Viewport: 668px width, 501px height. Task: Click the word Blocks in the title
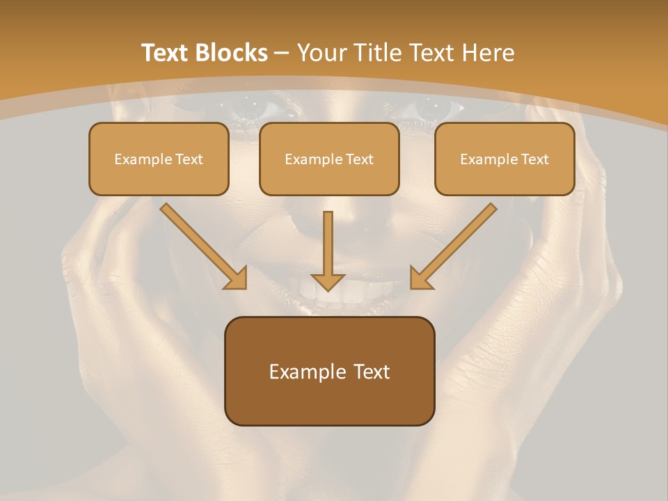point(231,53)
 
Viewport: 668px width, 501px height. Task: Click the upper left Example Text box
point(159,159)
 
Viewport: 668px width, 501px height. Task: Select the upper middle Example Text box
point(329,159)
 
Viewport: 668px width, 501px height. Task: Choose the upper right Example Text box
point(505,159)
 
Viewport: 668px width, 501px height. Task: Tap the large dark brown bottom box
point(330,371)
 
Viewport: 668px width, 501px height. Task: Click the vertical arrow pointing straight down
point(328,251)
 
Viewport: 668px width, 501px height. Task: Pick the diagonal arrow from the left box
point(204,246)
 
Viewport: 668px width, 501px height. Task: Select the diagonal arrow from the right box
point(454,246)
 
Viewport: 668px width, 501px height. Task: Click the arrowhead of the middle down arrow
point(328,283)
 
